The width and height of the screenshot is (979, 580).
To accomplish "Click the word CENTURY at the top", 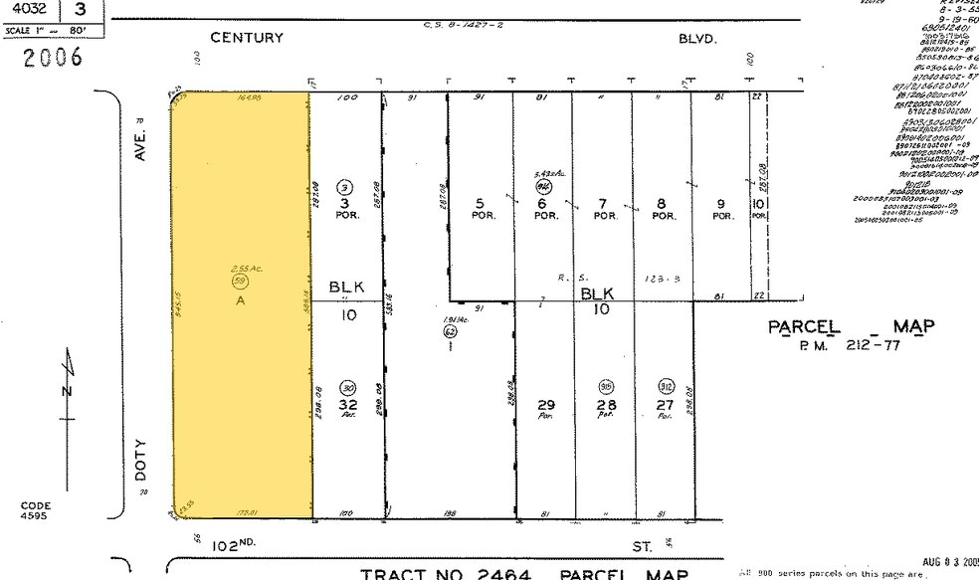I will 247,38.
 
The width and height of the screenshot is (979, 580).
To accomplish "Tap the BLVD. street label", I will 697,39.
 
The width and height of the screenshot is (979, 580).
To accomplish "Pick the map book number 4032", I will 31,10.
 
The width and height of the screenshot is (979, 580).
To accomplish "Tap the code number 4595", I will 35,515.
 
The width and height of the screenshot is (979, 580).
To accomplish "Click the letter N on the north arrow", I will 67,390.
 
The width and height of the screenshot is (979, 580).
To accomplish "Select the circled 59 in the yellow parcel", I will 239,283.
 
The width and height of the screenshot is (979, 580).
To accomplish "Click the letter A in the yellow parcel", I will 240,300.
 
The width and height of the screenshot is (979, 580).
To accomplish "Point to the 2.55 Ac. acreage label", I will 240,269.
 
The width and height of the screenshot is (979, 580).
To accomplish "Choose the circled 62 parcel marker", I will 450,330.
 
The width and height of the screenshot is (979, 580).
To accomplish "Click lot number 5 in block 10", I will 480,203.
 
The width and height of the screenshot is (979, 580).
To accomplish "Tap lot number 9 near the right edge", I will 719,204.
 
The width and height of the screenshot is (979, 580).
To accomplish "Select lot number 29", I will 544,405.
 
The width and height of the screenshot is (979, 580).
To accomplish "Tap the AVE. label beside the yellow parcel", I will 140,145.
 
